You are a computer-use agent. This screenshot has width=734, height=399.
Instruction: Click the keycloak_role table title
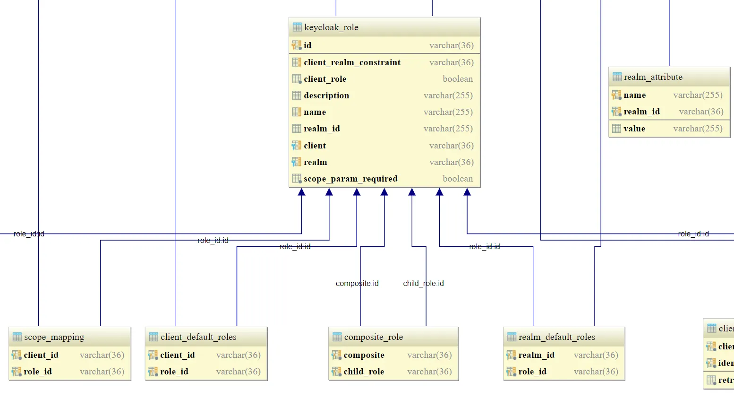331,27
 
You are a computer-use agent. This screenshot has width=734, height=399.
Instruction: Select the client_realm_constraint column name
352,62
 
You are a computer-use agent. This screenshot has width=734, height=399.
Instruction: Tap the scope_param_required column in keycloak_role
350,179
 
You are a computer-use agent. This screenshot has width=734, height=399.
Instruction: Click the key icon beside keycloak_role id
296,45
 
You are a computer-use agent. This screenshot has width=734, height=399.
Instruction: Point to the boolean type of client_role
457,79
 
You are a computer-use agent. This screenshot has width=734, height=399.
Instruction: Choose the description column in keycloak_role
326,95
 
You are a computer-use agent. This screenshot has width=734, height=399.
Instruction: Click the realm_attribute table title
653,77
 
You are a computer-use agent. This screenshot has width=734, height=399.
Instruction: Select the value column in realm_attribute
634,129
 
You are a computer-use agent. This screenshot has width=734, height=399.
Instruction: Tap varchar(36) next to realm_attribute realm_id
701,112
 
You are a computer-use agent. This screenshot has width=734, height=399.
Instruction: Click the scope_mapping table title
54,337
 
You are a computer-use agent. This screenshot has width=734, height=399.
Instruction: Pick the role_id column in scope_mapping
38,372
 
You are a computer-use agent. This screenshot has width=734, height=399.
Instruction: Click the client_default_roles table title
198,337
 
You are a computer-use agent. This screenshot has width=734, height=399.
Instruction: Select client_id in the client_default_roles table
177,355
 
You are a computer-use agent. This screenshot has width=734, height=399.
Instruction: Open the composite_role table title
373,337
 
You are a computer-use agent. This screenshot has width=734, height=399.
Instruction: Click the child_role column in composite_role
364,372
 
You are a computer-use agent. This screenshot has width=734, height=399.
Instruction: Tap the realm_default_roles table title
556,337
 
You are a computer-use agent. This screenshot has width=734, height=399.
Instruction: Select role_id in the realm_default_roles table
532,372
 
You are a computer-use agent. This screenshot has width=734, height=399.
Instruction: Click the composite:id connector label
357,284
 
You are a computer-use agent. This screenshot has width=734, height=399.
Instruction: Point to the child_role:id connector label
423,284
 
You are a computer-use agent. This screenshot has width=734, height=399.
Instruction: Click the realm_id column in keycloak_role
322,129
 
